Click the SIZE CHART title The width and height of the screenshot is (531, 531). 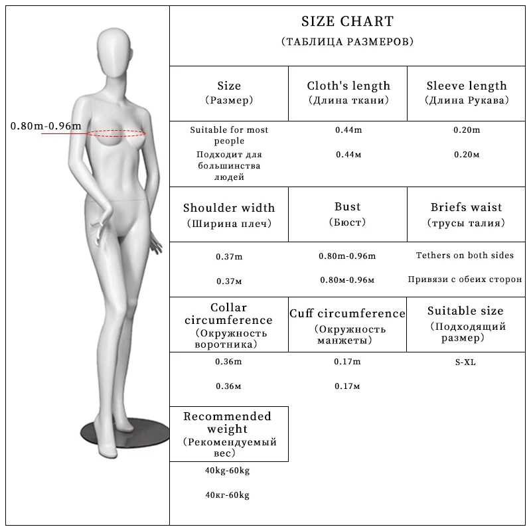[347, 22]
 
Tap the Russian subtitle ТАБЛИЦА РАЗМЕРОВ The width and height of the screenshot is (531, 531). [347, 41]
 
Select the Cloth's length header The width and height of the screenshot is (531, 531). [348, 86]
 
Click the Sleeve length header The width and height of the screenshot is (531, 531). [467, 86]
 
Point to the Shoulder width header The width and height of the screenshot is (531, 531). [229, 208]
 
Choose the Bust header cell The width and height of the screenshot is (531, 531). [348, 208]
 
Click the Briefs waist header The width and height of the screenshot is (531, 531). [467, 208]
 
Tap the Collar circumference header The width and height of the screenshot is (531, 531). [229, 314]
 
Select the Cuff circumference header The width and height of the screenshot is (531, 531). [347, 313]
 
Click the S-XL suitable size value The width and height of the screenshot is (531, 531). [465, 362]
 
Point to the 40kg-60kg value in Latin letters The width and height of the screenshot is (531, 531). [228, 471]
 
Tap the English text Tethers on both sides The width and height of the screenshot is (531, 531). [465, 256]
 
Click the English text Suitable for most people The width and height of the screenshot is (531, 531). [229, 135]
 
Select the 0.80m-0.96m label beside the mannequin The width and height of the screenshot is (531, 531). [46, 126]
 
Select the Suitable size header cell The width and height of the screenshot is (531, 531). [465, 311]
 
